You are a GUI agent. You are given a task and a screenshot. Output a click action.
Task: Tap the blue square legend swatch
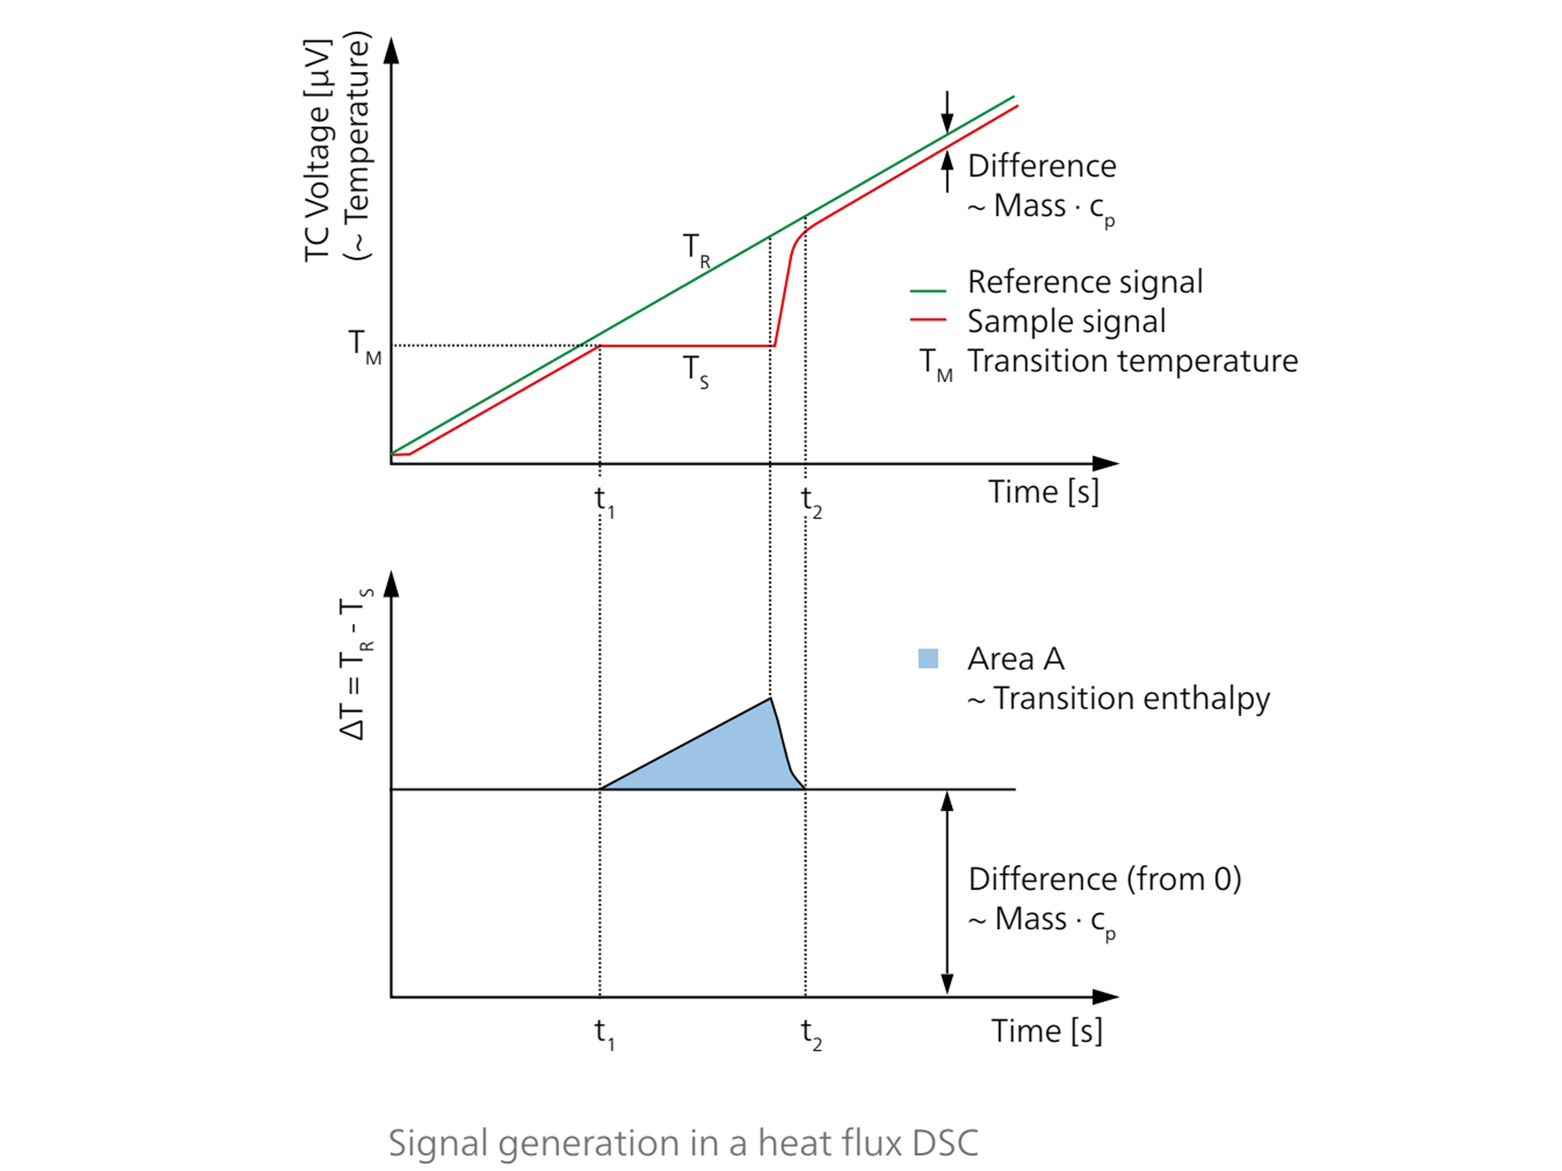tap(927, 659)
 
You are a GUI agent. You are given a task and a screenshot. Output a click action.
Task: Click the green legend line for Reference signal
tap(927, 290)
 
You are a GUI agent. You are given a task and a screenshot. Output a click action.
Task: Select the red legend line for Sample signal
tap(927, 320)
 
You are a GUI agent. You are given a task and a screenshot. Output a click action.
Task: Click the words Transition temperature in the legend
tap(1132, 361)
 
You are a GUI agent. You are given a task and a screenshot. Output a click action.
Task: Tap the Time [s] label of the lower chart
tap(1046, 1031)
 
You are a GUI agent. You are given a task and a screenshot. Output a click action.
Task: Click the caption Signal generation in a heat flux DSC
tap(683, 1142)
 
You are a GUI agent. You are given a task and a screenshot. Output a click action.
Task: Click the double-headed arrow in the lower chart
tap(947, 893)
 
